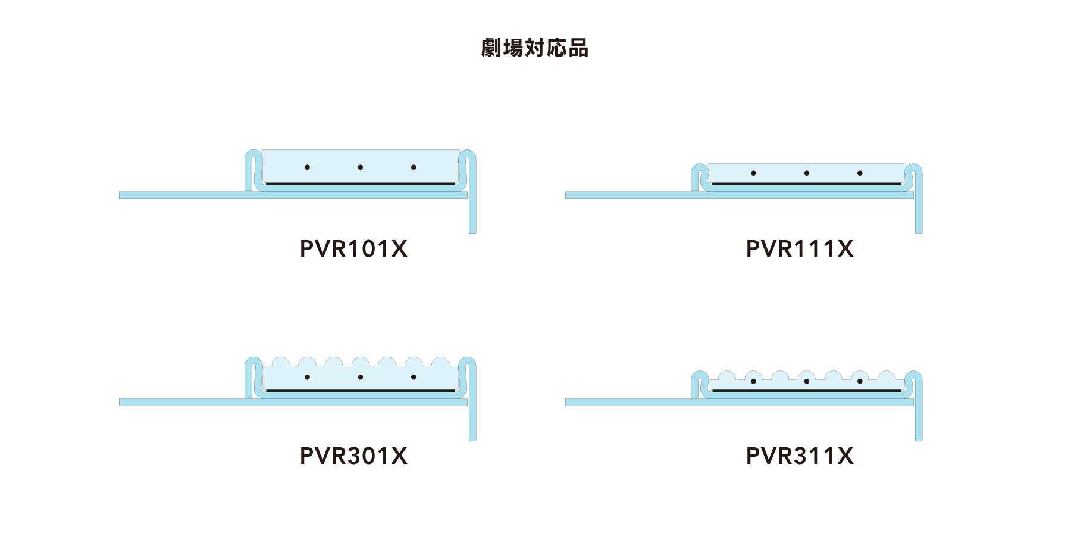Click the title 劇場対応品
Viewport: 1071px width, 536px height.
(535, 48)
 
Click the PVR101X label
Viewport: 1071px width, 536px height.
(353, 249)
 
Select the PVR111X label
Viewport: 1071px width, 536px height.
(800, 249)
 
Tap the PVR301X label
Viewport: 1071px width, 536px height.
(353, 456)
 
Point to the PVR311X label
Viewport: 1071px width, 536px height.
(800, 456)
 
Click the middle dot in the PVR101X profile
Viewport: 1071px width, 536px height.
(361, 167)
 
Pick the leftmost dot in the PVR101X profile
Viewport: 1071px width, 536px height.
(307, 167)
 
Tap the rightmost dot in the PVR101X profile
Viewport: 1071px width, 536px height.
(414, 167)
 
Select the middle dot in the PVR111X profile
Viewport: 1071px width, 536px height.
(807, 173)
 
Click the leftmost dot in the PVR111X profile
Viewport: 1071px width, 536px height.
(753, 173)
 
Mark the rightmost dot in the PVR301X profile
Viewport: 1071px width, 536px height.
(414, 377)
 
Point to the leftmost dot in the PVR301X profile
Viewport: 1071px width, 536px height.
(307, 377)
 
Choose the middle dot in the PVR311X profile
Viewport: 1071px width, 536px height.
(807, 381)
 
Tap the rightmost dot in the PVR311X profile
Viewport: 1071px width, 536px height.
(860, 381)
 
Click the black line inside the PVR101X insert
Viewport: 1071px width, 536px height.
(361, 183)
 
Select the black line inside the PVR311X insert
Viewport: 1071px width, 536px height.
(807, 391)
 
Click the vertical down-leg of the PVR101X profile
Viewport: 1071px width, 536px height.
(472, 214)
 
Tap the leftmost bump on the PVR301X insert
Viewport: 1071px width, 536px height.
(280, 362)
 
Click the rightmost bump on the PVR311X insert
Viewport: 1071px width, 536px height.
(887, 376)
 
